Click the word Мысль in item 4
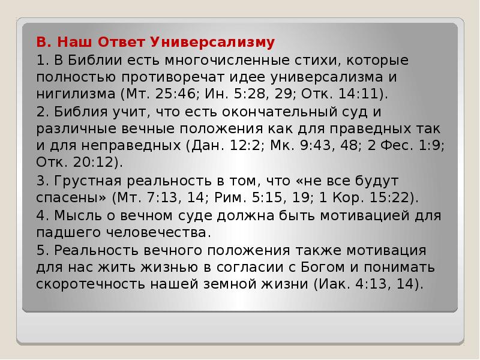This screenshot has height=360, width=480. (x=70, y=215)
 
